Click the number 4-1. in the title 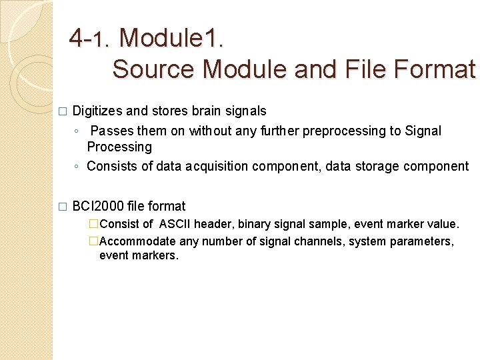[91, 38]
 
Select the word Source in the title [153, 69]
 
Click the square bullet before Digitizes [63, 112]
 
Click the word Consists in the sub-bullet [111, 166]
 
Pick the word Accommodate [137, 241]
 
